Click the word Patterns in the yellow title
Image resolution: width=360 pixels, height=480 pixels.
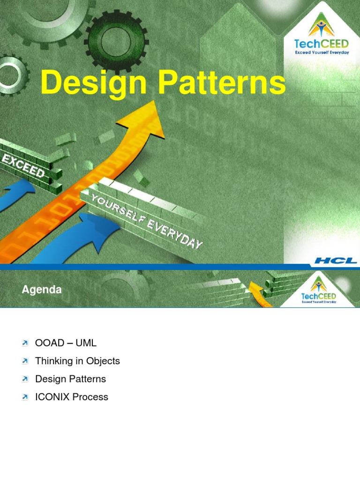(222, 82)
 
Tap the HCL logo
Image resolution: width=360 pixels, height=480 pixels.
(336, 261)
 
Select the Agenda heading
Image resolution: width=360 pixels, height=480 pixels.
(42, 290)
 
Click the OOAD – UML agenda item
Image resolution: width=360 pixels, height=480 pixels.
(66, 343)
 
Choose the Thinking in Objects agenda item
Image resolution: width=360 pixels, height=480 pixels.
(77, 361)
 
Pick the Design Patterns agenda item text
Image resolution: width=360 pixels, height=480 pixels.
(70, 379)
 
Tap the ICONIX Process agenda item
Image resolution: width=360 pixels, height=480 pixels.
(72, 397)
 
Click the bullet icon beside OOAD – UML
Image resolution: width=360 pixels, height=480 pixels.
(25, 343)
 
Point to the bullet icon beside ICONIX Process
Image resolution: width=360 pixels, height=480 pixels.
(25, 397)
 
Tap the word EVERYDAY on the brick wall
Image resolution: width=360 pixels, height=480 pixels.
(175, 234)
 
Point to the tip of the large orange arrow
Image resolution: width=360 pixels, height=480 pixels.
(153, 100)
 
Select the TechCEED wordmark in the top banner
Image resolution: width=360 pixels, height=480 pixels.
(322, 44)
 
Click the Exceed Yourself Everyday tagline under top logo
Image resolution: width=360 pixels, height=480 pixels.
(322, 52)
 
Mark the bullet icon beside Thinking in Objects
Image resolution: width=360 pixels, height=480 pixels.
(25, 361)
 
